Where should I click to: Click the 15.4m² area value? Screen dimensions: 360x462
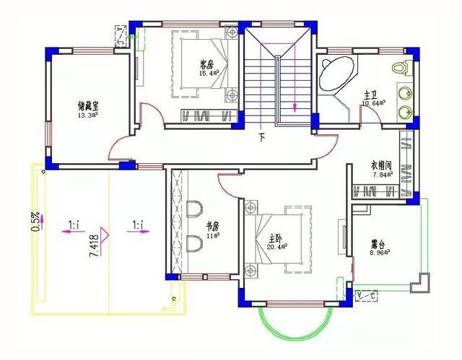[x=208, y=73]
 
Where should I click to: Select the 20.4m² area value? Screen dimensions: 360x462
[x=278, y=246]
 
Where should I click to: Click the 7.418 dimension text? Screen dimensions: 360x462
[x=94, y=245]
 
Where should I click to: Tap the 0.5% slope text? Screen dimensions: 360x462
[x=35, y=221]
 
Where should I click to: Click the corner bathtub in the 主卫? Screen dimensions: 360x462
[x=335, y=73]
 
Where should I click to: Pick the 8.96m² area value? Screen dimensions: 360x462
[x=379, y=253]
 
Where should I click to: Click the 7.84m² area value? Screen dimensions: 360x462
[x=382, y=174]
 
